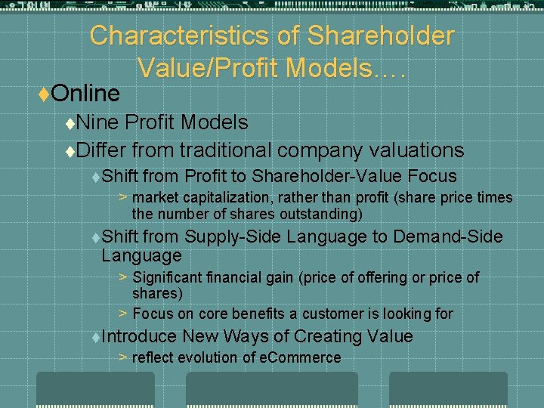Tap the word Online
[88, 94]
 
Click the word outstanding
[323, 214]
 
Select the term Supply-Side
[233, 236]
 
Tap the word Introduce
[139, 336]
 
